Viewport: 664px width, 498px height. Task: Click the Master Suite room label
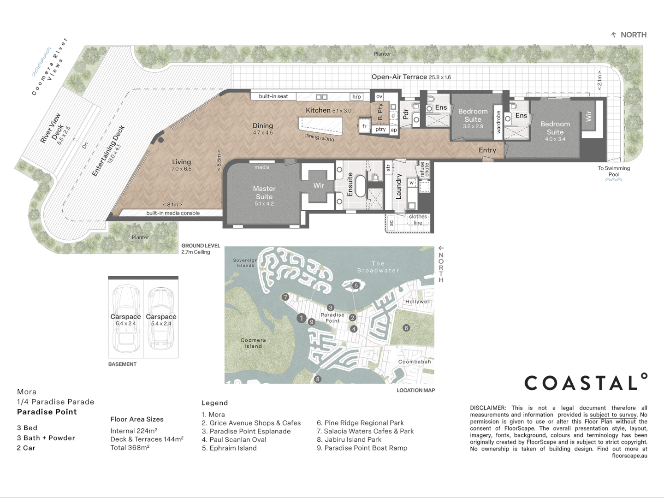[x=264, y=193]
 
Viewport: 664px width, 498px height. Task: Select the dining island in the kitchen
[x=321, y=126]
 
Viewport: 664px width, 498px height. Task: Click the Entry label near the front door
[x=487, y=150]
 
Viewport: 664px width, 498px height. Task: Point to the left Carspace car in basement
[x=125, y=318]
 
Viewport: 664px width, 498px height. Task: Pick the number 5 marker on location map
[x=356, y=285]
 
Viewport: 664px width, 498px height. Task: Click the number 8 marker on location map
[x=317, y=379]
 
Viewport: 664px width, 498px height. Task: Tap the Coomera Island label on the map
[x=253, y=343]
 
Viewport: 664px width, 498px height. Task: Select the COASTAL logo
[x=586, y=383]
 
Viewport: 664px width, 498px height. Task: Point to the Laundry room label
[x=399, y=186]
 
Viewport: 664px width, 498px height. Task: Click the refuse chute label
[x=424, y=170]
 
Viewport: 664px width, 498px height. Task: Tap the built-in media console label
[x=173, y=213]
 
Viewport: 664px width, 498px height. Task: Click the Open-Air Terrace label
[x=399, y=77]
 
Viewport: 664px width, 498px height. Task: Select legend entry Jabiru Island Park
[x=349, y=439]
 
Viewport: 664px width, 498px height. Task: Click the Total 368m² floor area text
[x=130, y=448]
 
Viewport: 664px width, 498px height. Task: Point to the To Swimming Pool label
[x=614, y=171]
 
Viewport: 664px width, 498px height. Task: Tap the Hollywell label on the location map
[x=418, y=302]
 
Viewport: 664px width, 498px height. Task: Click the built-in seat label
[x=273, y=96]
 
